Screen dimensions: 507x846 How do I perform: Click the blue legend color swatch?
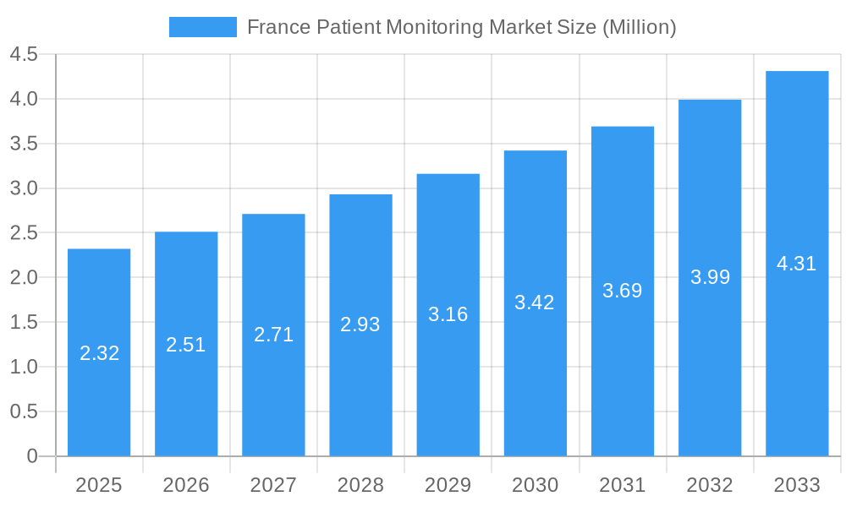coord(202,27)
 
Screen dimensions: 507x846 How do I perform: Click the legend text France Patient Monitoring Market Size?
coord(461,27)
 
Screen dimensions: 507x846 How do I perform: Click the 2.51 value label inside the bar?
coord(186,345)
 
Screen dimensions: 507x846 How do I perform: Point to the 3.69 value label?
coord(623,291)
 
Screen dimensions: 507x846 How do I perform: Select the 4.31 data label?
coord(797,264)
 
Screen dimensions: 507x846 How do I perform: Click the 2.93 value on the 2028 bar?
coord(360,324)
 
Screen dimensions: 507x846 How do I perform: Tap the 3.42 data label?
coord(535,303)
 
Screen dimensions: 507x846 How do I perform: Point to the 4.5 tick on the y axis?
coord(24,55)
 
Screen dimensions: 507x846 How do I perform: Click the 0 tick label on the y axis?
coord(32,456)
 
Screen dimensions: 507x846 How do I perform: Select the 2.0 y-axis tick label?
coord(24,278)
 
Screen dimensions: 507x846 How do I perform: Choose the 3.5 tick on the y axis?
coord(24,144)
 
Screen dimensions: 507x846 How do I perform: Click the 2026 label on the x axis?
coord(186,485)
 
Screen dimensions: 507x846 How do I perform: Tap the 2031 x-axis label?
coord(623,485)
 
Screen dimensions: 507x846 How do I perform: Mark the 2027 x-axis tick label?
coord(273,485)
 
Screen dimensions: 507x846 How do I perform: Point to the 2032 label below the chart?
coord(710,485)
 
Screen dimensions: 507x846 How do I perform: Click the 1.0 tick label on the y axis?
coord(24,367)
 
